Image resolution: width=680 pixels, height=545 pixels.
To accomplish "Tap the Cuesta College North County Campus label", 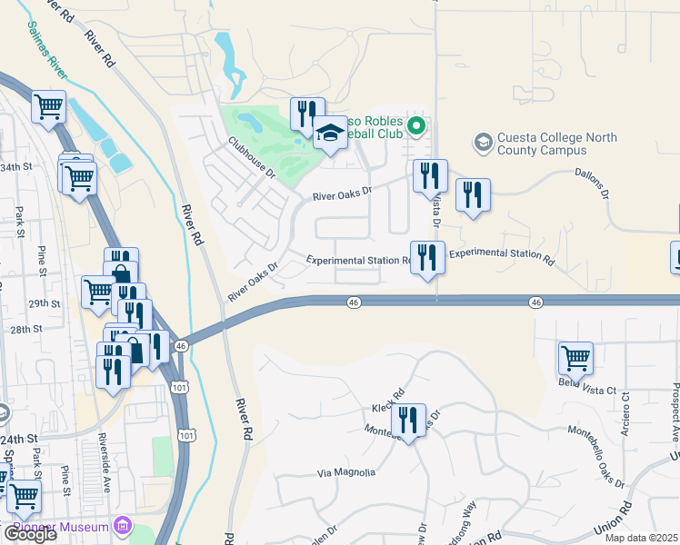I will pos(557,145).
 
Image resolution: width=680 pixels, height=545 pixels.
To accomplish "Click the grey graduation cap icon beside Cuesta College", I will pos(482,143).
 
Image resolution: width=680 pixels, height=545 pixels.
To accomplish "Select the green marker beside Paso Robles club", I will pos(416,125).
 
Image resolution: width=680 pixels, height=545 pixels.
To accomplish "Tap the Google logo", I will pos(29,534).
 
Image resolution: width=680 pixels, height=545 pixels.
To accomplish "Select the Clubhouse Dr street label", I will pos(252,157).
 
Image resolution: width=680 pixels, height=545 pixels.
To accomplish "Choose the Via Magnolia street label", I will pos(345,472).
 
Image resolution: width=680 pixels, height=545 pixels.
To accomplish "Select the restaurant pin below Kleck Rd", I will pos(410,421).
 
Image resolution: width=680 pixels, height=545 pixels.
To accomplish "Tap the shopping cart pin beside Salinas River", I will pos(48,106).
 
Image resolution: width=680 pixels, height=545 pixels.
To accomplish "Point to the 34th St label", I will pos(14,168).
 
